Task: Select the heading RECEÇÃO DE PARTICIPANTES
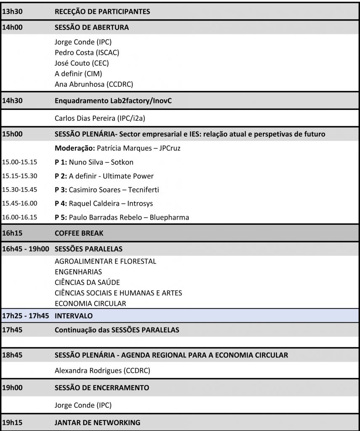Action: click(x=102, y=12)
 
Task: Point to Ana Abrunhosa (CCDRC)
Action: click(x=94, y=84)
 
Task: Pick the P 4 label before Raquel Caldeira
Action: click(x=61, y=203)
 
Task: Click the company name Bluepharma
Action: click(x=170, y=217)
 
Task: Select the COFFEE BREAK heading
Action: click(x=79, y=233)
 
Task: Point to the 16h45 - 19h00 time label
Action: click(x=26, y=249)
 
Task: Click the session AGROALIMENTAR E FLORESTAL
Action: click(x=105, y=261)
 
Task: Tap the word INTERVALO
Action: click(x=74, y=315)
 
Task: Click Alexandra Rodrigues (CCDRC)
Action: click(x=103, y=371)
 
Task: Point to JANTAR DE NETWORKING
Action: click(x=98, y=423)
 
